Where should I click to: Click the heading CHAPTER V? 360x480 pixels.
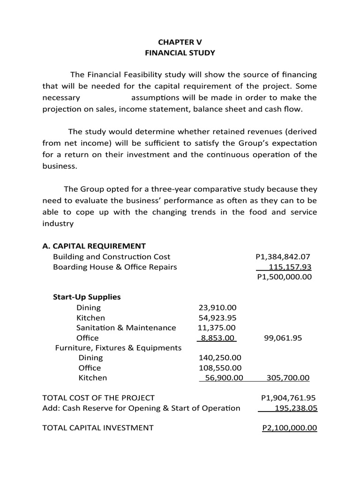180,41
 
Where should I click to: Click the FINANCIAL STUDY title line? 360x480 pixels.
180,53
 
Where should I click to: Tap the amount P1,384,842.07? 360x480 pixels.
283,257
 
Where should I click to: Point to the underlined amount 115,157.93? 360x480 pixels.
290,267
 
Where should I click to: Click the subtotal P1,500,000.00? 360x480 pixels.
285,277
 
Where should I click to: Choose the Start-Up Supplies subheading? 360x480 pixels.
86,297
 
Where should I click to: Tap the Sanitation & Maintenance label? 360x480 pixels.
126,328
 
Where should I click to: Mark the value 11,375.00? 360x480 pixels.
217,328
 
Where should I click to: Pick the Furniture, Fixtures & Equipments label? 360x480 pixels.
118,348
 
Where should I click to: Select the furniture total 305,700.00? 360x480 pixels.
288,378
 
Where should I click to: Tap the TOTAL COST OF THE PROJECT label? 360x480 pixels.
98,398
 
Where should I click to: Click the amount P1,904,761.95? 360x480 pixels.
289,398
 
